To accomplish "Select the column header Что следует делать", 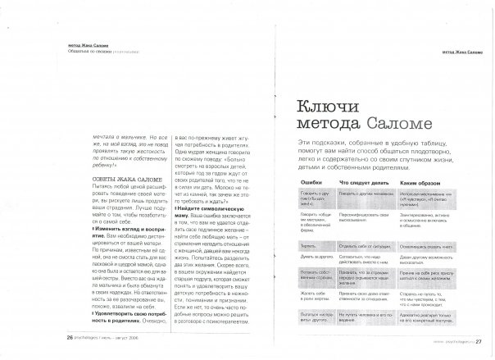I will point(362,177).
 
